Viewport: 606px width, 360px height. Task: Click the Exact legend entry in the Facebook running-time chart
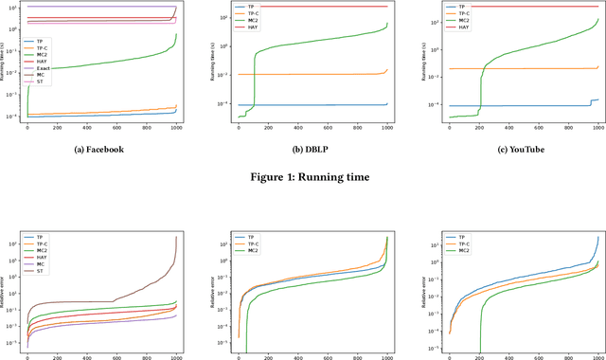pyautogui.click(x=42, y=69)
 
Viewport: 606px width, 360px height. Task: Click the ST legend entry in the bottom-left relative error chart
pyautogui.click(x=40, y=272)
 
